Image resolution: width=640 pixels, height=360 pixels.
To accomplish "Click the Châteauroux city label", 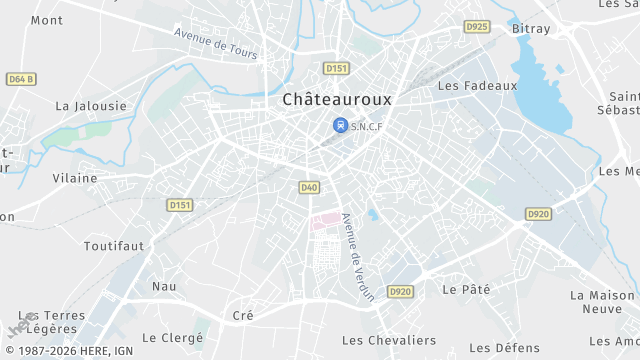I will [337, 99].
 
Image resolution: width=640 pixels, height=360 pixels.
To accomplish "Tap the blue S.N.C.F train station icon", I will [340, 126].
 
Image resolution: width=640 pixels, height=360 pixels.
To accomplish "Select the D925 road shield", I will [477, 26].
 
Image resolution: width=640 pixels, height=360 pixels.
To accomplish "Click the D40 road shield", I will [309, 187].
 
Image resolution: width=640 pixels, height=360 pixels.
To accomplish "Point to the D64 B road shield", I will [20, 78].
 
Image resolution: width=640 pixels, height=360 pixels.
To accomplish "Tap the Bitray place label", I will [531, 29].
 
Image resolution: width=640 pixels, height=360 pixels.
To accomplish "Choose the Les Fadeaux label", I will [477, 85].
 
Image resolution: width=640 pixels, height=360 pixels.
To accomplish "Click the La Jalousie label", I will [91, 105].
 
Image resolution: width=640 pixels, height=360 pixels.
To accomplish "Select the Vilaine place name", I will [75, 178].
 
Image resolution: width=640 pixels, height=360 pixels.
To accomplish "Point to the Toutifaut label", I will [113, 245].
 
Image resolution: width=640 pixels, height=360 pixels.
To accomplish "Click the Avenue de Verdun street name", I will [356, 257].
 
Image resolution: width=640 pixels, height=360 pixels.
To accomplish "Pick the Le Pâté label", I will [465, 289].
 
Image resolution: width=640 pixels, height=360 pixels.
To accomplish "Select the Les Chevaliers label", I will [389, 340].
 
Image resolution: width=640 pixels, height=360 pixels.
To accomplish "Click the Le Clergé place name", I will [173, 338].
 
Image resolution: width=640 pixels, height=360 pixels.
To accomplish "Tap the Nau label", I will [163, 286].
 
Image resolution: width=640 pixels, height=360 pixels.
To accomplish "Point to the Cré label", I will [243, 315].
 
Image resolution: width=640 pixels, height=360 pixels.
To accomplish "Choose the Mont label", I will [47, 20].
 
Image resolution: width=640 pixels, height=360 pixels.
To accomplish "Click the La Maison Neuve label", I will [604, 302].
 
